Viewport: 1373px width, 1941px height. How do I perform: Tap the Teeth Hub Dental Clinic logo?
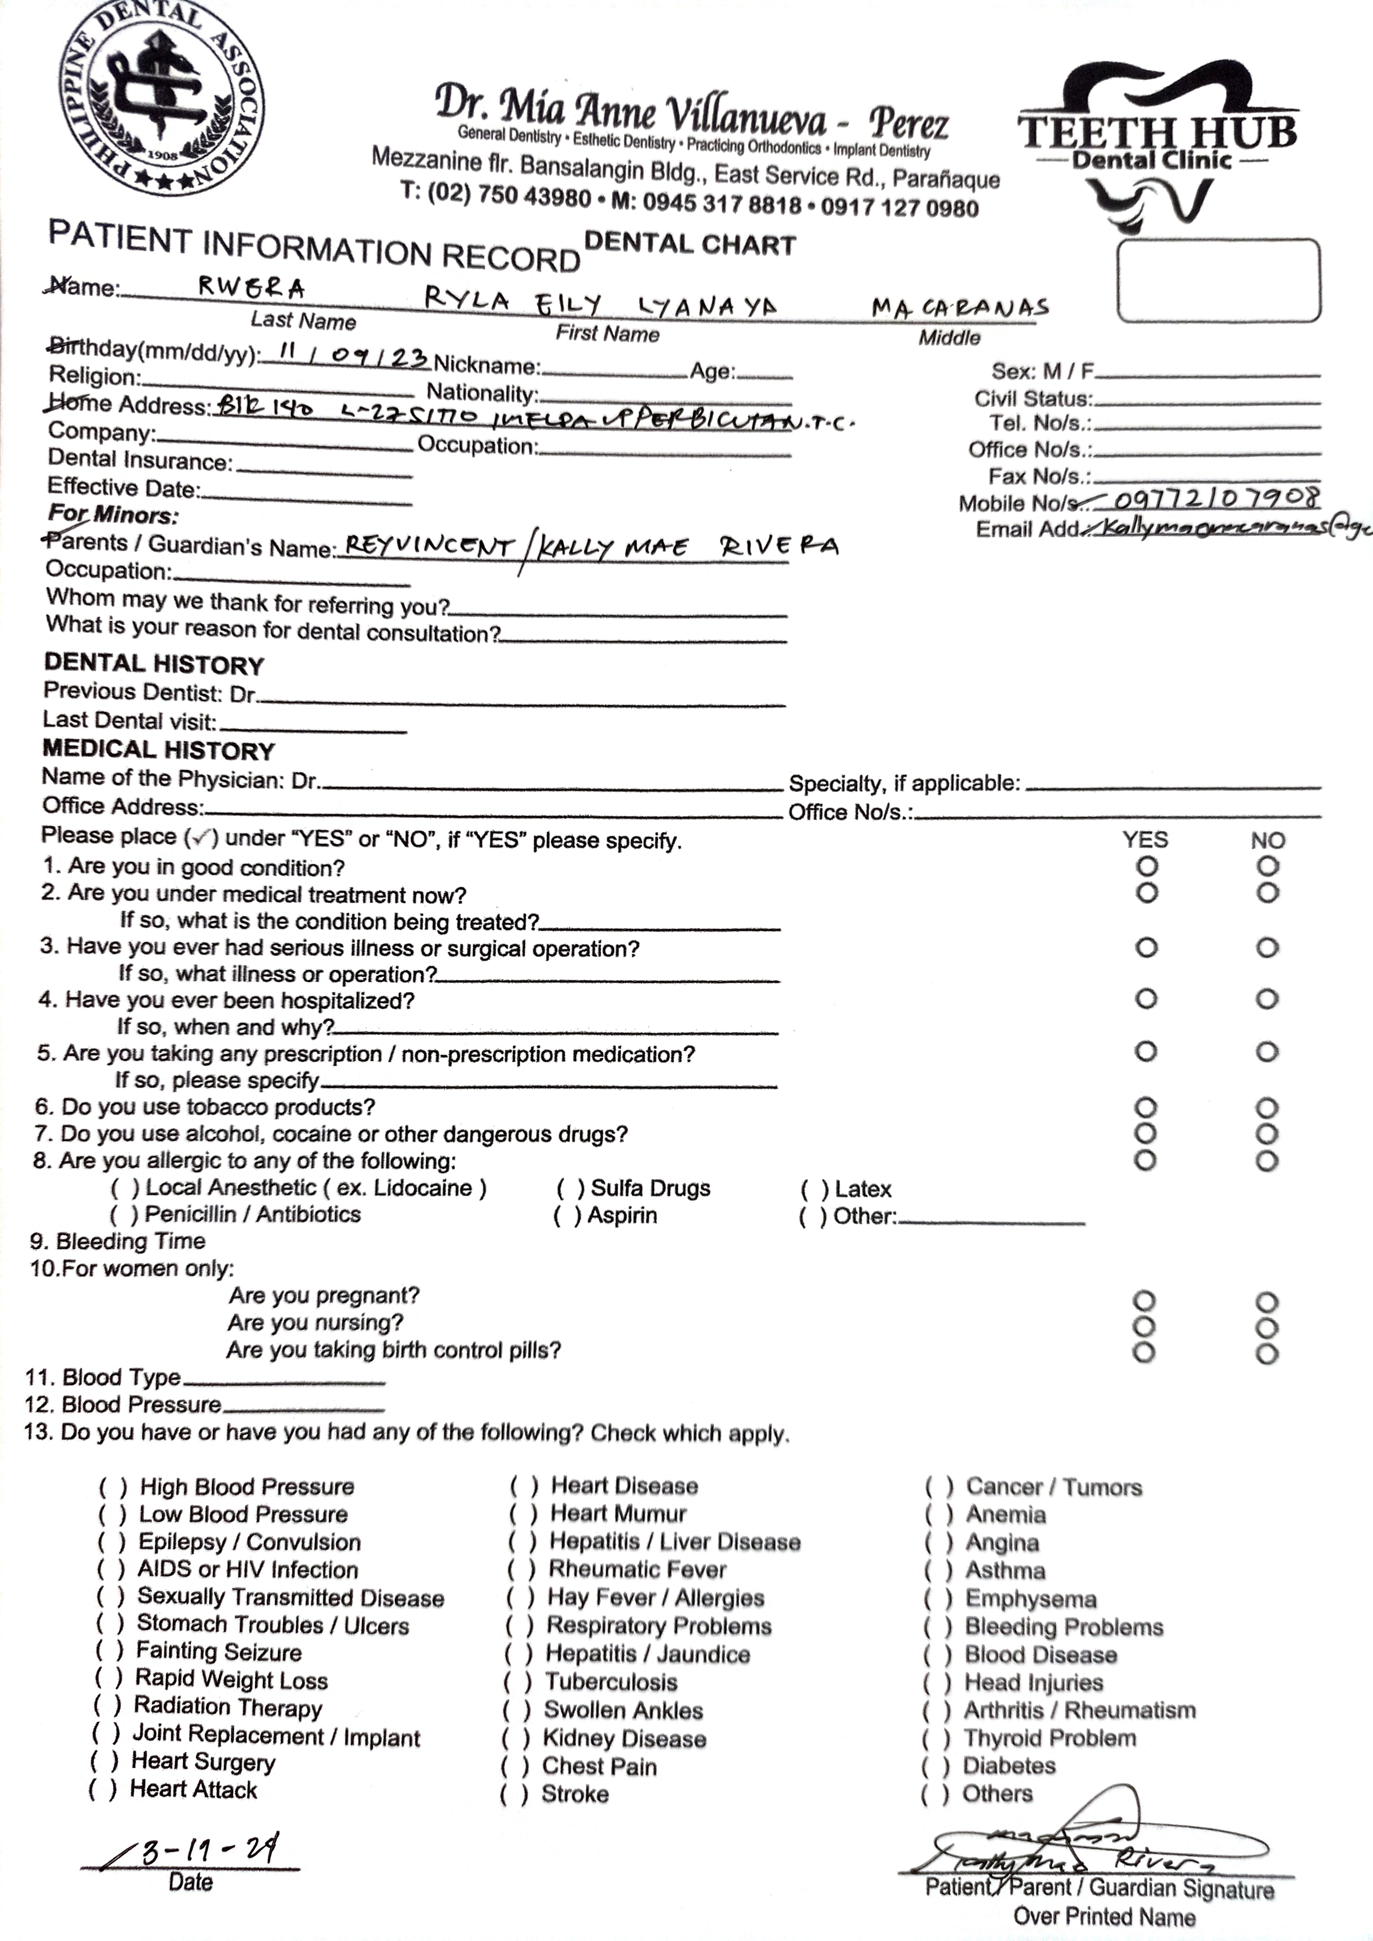point(1157,144)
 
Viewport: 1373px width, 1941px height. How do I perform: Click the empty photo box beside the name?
point(1218,280)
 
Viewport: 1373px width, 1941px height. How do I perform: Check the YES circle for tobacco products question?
point(1145,1107)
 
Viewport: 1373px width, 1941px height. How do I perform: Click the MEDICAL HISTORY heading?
point(159,751)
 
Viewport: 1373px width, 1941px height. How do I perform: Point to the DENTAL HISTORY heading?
point(154,665)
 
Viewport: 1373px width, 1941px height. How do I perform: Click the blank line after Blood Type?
point(284,1380)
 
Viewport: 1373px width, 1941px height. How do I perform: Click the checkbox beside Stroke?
point(515,1794)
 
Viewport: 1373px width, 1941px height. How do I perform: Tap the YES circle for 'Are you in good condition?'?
point(1147,866)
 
